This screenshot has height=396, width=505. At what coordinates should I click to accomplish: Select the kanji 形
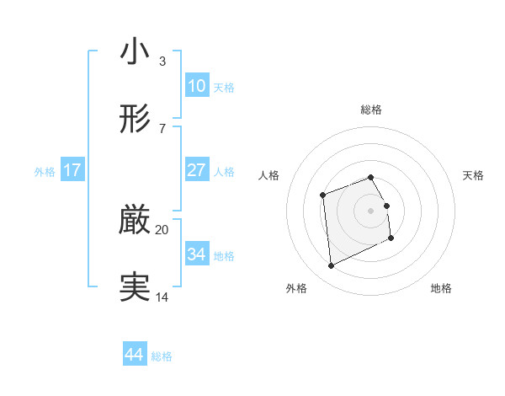pos(135,120)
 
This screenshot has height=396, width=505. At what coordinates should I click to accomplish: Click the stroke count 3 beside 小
pos(162,62)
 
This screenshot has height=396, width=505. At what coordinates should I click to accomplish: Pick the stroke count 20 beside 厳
pos(162,229)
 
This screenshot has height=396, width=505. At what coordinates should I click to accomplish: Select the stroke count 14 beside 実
pos(162,297)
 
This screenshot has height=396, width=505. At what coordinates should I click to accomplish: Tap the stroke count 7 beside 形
pos(162,129)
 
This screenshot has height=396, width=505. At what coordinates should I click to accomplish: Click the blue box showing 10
pos(196,85)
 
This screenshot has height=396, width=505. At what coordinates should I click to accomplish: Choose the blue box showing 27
pos(196,170)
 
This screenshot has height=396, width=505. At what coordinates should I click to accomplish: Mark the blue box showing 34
pos(196,254)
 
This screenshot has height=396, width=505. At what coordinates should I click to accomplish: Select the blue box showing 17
pos(72,170)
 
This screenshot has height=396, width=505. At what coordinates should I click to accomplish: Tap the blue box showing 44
pos(135,355)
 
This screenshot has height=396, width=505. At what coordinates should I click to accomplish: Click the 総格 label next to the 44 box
pos(162,356)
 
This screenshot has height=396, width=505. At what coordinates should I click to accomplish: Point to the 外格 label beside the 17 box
pos(45,172)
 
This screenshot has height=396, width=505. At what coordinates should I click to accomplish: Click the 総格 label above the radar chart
pos(371,110)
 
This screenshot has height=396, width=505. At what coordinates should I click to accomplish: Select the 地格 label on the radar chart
pos(441,288)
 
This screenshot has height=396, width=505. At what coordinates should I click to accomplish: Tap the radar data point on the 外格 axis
pos(331,266)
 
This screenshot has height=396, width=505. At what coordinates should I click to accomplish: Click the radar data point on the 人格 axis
pos(322,196)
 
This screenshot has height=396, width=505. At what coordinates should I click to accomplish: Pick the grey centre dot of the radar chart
pos(371,210)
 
